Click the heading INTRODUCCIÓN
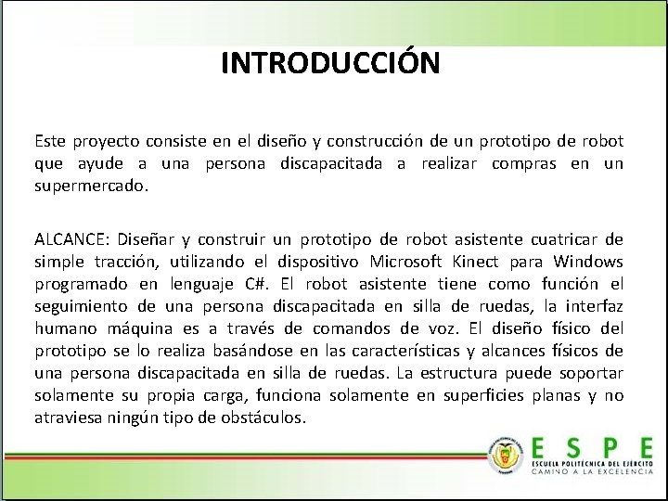coord(330,63)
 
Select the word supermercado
coord(91,186)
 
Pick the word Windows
coord(589,262)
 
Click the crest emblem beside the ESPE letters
coord(507,456)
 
